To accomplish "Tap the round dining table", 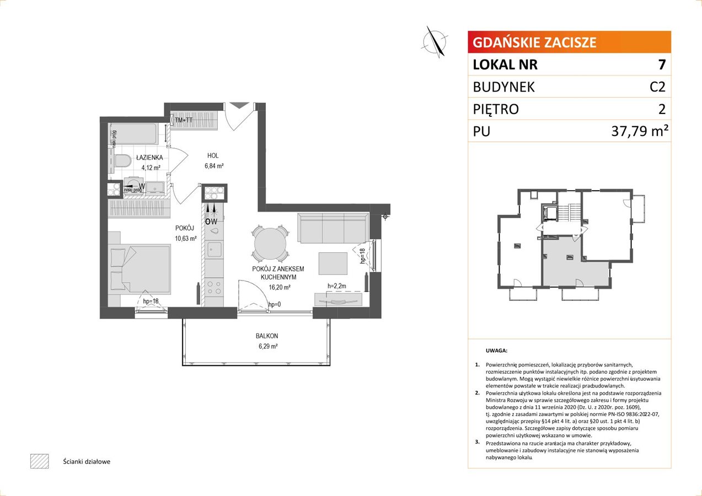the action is [x=270, y=243].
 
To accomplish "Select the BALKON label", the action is [x=267, y=336].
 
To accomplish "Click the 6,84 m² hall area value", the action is [x=214, y=166].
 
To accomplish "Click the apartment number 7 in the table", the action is [x=662, y=64].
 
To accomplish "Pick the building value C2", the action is [x=657, y=87].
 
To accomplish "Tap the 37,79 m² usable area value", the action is [x=639, y=131].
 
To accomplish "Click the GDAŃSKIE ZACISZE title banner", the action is [x=569, y=42].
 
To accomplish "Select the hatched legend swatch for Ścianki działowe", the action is [x=40, y=461].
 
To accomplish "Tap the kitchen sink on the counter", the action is [x=215, y=249].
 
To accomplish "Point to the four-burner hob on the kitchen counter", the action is [x=215, y=288].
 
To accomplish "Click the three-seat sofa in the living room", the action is [x=333, y=228].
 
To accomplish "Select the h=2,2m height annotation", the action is [x=337, y=286].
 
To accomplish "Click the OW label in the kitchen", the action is [x=211, y=222].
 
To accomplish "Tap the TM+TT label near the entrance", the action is [x=184, y=120].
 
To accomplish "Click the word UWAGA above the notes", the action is [x=496, y=351].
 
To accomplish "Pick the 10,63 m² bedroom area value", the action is [x=186, y=238].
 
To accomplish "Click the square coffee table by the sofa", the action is [x=333, y=263].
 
